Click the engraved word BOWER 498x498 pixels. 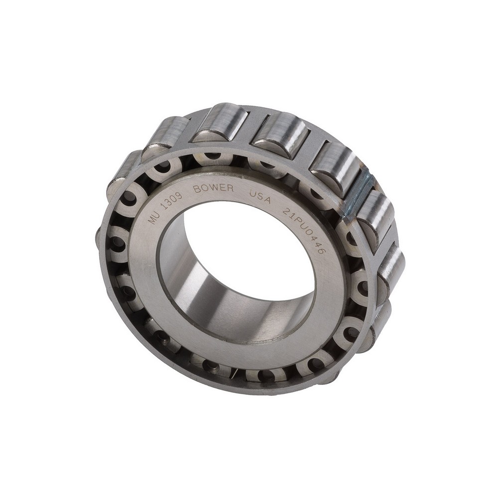[213, 189]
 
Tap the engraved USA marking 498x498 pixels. [260, 196]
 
